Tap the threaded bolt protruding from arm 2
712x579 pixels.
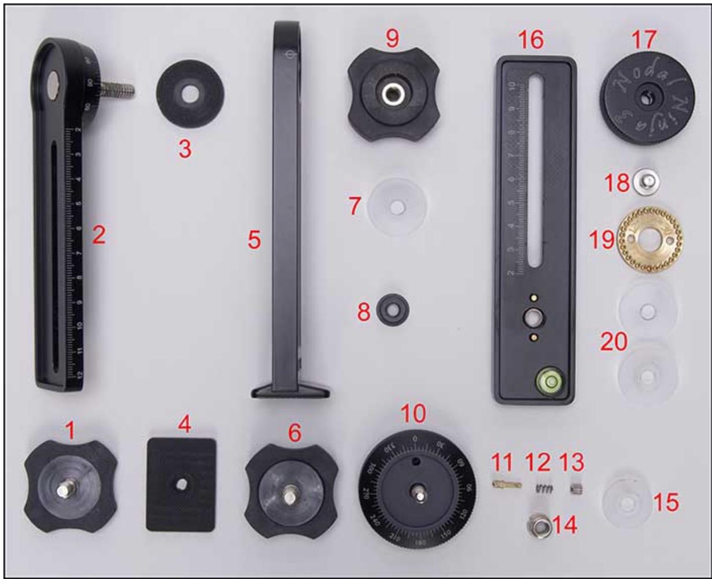coord(120,89)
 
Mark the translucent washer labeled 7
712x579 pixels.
coord(397,206)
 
